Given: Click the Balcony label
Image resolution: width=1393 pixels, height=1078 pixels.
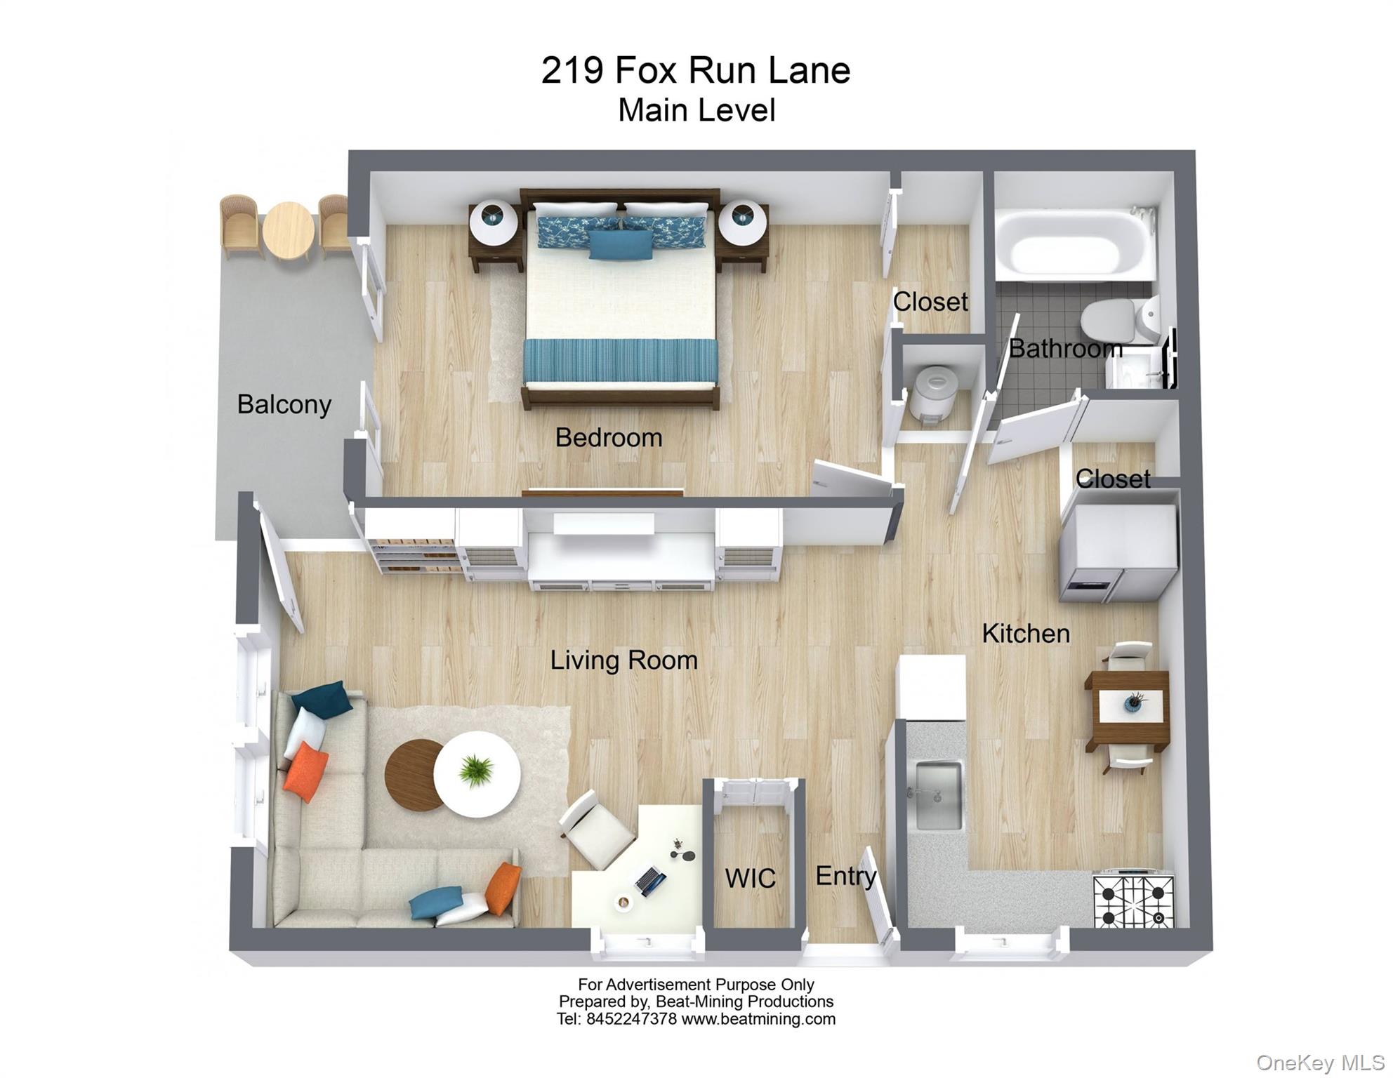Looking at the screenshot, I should pos(284,404).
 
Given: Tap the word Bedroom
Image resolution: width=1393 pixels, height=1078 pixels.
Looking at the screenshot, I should pos(608,437).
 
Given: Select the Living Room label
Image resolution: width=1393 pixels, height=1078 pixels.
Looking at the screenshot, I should pos(623,660).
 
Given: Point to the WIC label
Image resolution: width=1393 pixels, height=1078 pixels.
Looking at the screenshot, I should pos(750,878).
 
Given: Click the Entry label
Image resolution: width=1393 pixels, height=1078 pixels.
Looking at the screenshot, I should pos(845,875).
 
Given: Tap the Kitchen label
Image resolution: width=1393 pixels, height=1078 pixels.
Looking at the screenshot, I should pos(1025,633).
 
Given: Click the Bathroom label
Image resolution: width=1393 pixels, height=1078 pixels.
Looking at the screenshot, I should pos(1064,348).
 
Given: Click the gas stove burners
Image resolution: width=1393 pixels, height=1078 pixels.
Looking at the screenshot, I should pos(1133,900).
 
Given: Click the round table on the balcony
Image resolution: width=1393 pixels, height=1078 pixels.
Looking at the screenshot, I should pos(288,229).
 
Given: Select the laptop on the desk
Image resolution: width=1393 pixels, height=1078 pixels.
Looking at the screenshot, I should pos(649,881).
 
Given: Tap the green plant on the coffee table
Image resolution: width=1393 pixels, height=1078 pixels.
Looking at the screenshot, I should pos(477,769).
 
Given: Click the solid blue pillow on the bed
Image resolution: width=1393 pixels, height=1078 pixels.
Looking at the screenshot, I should pos(621,244).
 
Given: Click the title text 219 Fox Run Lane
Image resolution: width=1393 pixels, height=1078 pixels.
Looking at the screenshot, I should pos(695,70).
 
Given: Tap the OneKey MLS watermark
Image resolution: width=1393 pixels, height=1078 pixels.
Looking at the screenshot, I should pos(1320,1063).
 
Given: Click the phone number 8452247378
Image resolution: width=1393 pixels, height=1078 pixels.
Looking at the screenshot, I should pos(631,1018).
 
